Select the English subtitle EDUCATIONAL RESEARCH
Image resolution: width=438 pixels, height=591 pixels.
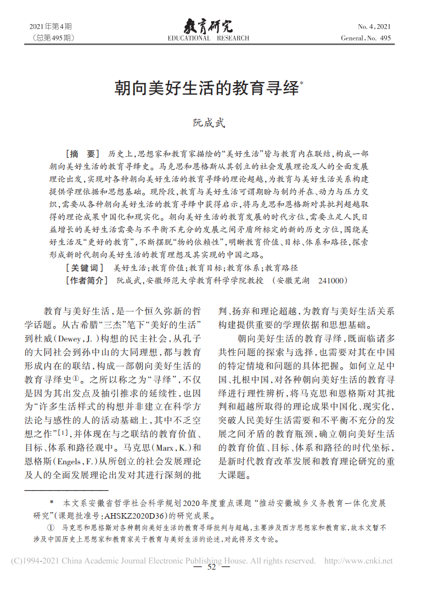pyautogui.click(x=208, y=38)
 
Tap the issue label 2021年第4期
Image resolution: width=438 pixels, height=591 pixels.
pyautogui.click(x=50, y=26)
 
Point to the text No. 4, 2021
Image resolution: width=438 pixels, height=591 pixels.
pyautogui.click(x=374, y=26)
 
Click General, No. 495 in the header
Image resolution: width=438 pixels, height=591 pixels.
pyautogui.click(x=366, y=38)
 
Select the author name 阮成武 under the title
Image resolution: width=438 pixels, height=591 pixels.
pyautogui.click(x=209, y=124)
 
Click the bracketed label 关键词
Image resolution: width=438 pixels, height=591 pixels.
pyautogui.click(x=85, y=268)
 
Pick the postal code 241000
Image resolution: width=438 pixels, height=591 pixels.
pyautogui.click(x=333, y=281)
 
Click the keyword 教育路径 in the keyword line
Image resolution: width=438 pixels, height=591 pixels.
pyautogui.click(x=282, y=268)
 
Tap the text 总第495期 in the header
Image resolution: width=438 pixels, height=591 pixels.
pyautogui.click(x=54, y=38)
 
